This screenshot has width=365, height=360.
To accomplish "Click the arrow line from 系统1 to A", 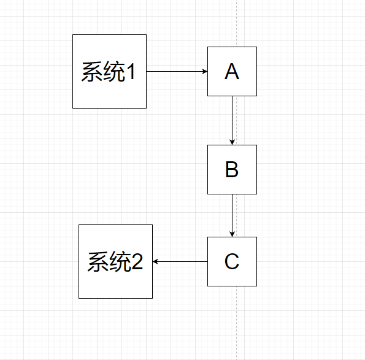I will pos(175,71).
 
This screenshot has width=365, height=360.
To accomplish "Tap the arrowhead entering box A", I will pos(205,71).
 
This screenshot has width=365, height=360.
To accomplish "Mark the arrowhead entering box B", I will pos(232,142).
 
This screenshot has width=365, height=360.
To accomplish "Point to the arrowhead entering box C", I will pos(232,234).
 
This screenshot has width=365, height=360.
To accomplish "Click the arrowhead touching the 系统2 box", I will pos(156,261).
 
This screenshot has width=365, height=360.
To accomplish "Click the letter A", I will pos(232,72).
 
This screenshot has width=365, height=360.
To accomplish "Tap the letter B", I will pos(232,170).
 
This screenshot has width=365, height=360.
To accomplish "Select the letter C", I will pos(232,262).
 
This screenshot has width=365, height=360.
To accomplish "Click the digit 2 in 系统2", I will pos(136,263).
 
